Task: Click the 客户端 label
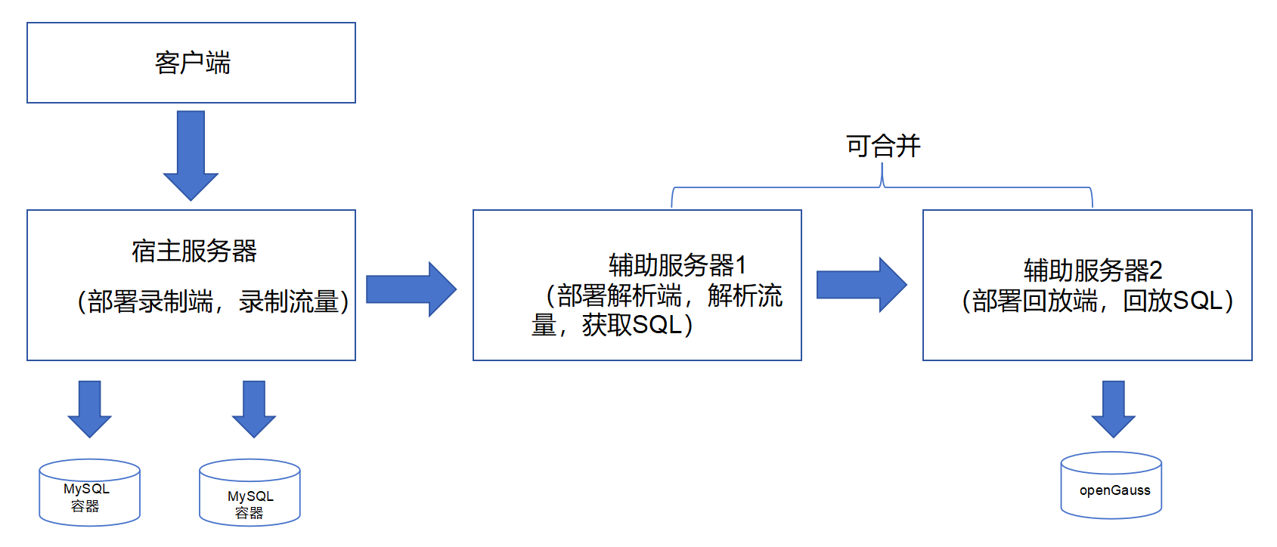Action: coord(192,63)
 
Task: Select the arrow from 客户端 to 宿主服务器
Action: coord(191,154)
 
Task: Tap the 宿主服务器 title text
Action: coord(194,251)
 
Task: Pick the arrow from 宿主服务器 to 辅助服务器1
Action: coord(410,289)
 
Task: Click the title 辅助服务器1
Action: coord(677,265)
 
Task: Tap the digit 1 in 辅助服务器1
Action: coord(741,265)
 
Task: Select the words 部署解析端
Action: coord(618,295)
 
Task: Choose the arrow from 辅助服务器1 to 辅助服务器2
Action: coord(860,285)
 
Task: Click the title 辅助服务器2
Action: coord(1093,270)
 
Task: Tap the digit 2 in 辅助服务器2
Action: coord(1155,270)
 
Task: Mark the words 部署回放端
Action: coord(1034,301)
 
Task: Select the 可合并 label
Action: coord(883,146)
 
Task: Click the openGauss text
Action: coord(1114,490)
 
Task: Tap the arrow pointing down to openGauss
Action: coord(1113,408)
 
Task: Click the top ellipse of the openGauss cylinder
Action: coord(1111,462)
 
